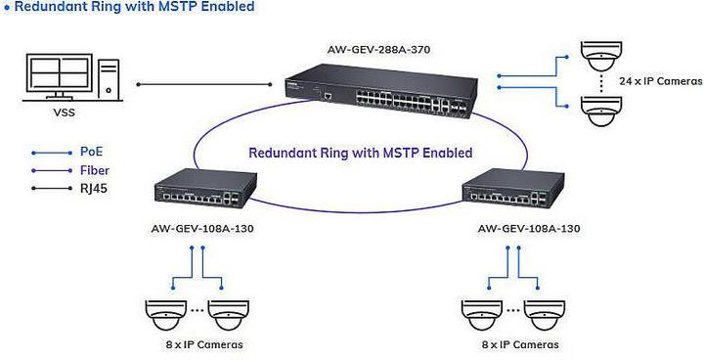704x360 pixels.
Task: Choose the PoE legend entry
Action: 91,153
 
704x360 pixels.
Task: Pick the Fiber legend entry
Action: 93,170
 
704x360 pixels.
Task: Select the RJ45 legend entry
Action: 93,188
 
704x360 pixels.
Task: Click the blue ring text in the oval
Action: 360,154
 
